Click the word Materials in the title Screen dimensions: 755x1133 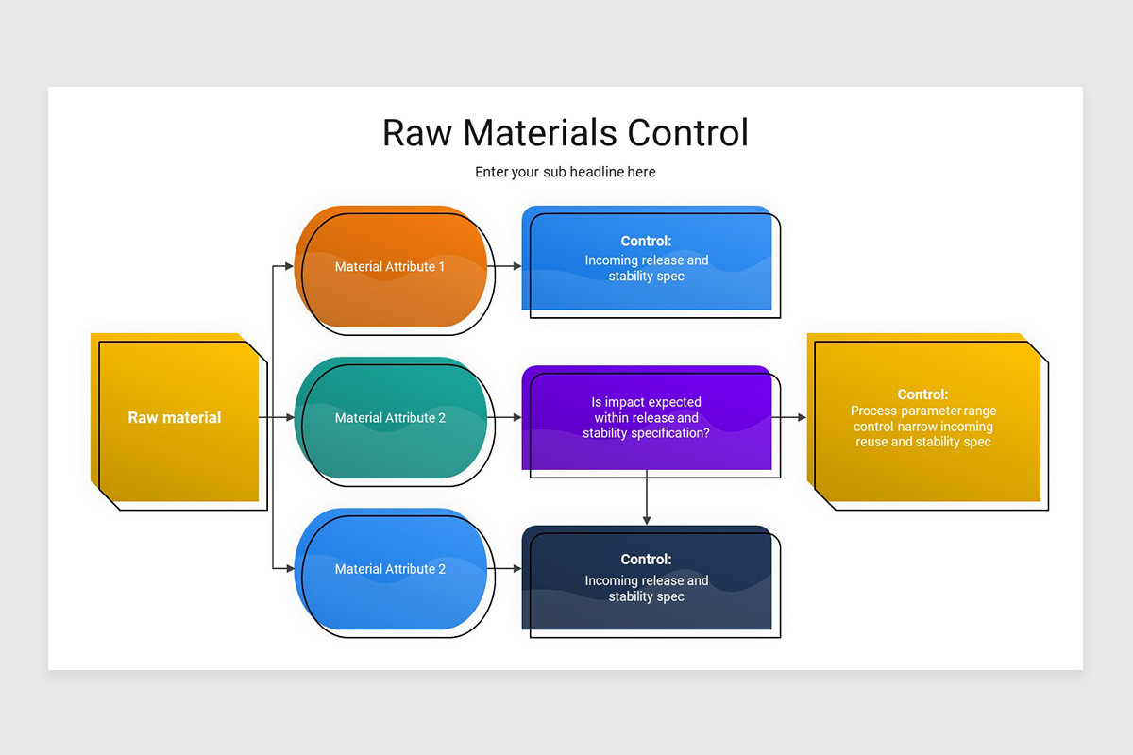[541, 132]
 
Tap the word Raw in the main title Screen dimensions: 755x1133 [417, 132]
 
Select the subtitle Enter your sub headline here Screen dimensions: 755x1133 [565, 172]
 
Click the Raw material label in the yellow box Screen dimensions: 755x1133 [175, 417]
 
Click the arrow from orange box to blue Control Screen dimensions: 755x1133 [505, 267]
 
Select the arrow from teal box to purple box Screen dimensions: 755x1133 [505, 417]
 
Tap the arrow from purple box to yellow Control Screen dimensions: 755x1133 [789, 417]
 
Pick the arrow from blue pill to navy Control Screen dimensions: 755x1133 [505, 569]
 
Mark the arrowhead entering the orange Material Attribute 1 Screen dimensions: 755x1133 [289, 267]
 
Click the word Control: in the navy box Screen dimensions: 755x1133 [647, 560]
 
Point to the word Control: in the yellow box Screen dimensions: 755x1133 [923, 394]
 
